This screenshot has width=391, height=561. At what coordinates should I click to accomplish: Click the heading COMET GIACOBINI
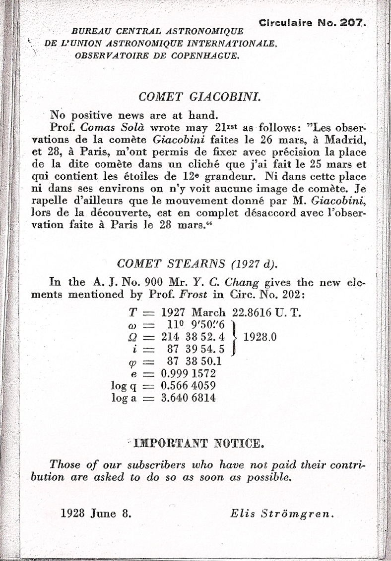tap(200, 96)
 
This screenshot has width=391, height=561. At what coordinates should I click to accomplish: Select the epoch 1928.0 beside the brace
tap(260, 337)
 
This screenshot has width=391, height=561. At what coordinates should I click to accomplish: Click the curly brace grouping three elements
tap(237, 337)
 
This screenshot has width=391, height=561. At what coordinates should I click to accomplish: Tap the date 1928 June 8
tap(96, 513)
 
